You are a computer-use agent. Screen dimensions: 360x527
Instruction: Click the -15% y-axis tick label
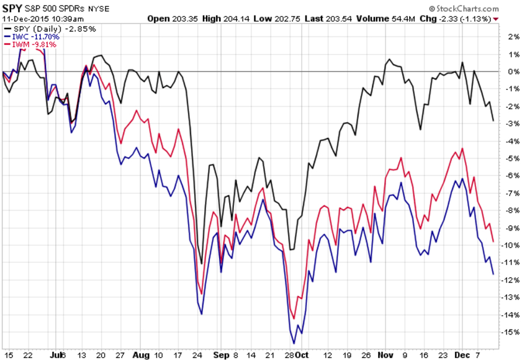click(x=511, y=332)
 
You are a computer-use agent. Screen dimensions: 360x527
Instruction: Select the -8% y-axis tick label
click(x=511, y=210)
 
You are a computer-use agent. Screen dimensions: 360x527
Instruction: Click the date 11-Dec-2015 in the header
click(x=23, y=19)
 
